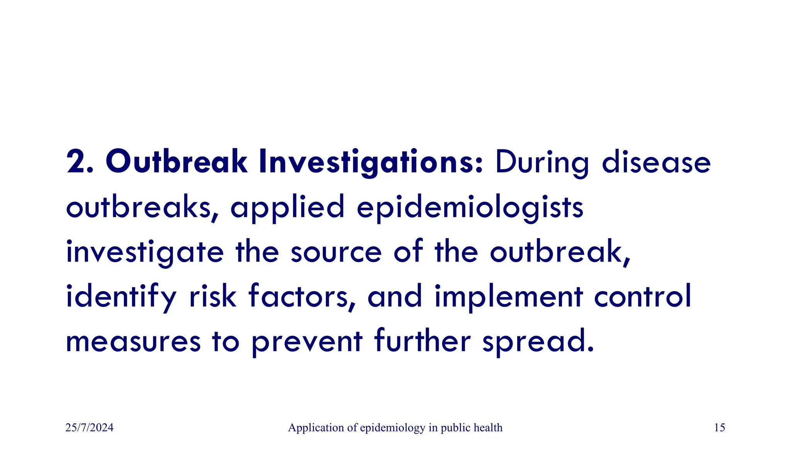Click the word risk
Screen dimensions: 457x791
click(x=212, y=296)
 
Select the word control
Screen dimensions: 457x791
click(x=642, y=296)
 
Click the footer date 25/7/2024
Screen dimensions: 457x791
click(x=90, y=428)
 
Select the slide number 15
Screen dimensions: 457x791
click(x=720, y=428)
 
